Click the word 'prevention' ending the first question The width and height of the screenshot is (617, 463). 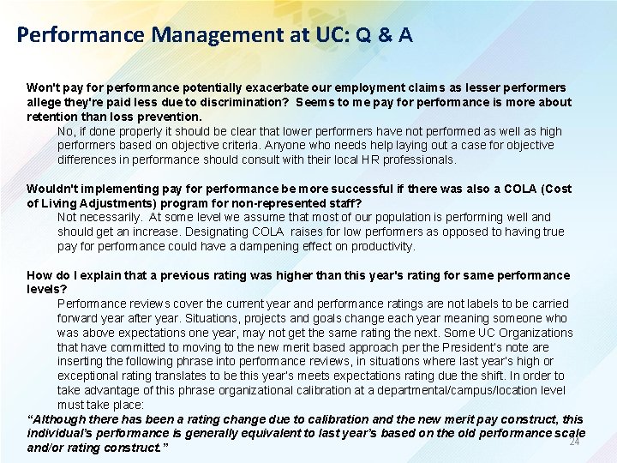pyautogui.click(x=171, y=117)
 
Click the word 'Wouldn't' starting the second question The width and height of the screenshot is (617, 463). pyautogui.click(x=53, y=189)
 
